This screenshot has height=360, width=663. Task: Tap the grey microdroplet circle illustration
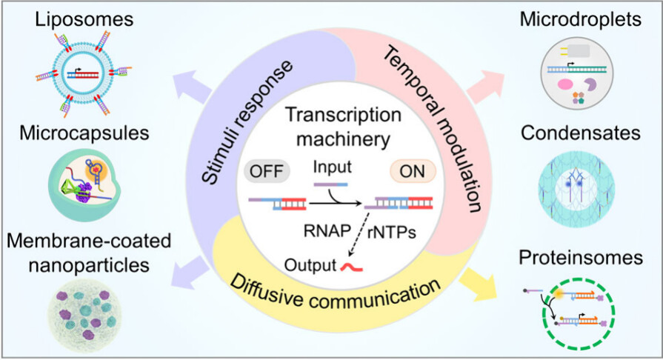click(579, 71)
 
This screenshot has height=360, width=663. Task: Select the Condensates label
click(579, 134)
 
